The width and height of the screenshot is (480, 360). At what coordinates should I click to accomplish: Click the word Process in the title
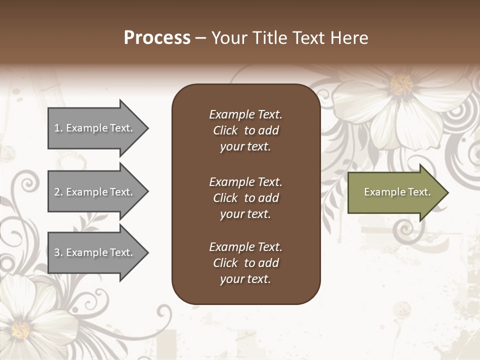[157, 38]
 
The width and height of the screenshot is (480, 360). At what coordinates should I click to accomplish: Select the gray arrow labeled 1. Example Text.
[95, 128]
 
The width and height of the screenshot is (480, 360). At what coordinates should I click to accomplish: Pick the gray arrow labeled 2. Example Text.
[95, 192]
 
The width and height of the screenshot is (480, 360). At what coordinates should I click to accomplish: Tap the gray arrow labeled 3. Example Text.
[95, 252]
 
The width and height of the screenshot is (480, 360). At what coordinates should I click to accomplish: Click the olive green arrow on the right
[395, 192]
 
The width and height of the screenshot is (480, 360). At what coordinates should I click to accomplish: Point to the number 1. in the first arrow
[58, 128]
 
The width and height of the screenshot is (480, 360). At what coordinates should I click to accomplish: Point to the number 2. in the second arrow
[58, 192]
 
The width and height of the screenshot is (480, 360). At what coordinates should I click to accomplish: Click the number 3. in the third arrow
[58, 252]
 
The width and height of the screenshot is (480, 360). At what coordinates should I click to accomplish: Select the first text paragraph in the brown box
[245, 130]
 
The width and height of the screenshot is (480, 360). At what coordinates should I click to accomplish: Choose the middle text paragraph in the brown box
[245, 198]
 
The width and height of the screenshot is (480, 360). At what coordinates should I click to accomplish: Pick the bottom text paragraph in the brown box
[245, 263]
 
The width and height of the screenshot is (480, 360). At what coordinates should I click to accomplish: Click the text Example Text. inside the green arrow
[397, 192]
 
